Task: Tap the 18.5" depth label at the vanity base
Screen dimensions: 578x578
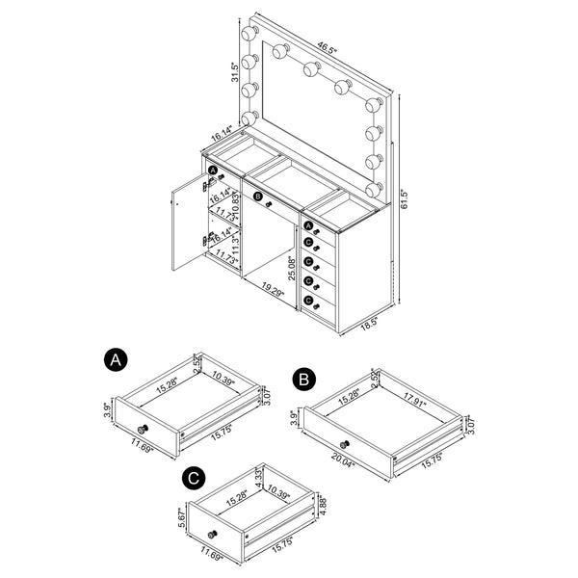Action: [367, 328]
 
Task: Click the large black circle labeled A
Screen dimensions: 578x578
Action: [115, 360]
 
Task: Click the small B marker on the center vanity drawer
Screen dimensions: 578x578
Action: [258, 196]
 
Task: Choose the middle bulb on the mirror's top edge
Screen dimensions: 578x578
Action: [311, 68]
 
